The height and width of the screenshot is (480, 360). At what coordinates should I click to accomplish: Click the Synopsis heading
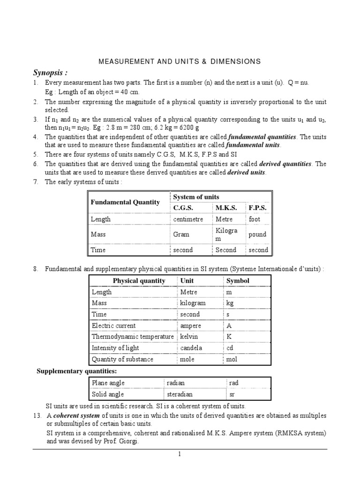tap(50, 73)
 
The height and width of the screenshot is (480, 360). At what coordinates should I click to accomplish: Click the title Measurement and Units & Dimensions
tap(179, 61)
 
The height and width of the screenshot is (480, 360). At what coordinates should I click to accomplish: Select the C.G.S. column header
tap(183, 208)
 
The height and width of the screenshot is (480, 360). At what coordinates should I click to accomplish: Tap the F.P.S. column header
tap(257, 208)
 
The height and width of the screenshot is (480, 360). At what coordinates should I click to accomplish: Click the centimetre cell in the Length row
tap(188, 219)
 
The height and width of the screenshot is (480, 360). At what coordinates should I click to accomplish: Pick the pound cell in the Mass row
tap(257, 234)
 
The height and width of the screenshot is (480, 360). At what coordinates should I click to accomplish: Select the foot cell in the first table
tap(255, 219)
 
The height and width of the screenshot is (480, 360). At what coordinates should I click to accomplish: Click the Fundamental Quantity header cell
tap(125, 202)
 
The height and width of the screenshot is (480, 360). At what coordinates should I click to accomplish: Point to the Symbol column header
tap(238, 281)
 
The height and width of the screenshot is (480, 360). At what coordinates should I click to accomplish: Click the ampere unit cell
tap(191, 326)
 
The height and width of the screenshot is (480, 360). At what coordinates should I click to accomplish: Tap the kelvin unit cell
tap(189, 337)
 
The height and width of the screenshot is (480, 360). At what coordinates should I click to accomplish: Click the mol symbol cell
tap(232, 360)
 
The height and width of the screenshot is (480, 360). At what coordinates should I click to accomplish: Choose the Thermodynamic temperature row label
tap(133, 337)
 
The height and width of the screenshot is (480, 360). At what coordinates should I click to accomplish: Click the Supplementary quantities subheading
tap(77, 372)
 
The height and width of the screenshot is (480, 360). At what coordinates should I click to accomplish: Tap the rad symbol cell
tap(234, 383)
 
